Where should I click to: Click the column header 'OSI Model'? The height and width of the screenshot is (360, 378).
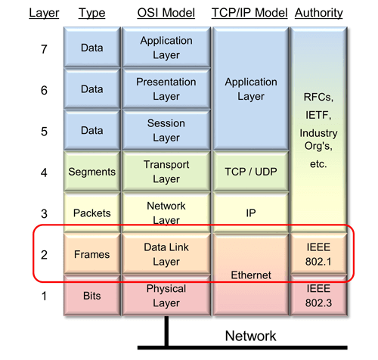coord(166,13)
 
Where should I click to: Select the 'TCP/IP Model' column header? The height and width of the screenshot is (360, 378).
coord(250,13)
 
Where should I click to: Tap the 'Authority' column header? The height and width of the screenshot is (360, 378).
coord(318,13)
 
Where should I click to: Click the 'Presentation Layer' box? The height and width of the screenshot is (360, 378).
coord(166,88)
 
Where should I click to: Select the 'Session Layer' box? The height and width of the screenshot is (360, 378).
coord(166,130)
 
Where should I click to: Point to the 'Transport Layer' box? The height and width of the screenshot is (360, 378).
coord(166,172)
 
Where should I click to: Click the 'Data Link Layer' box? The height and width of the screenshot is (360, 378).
coord(166,255)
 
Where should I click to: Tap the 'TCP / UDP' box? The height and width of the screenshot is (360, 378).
coord(249,172)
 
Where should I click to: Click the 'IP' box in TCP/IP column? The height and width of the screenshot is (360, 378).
coord(249,213)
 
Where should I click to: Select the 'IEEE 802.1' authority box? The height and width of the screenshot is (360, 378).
coord(318,255)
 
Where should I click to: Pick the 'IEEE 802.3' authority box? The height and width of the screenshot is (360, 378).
coord(318,296)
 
